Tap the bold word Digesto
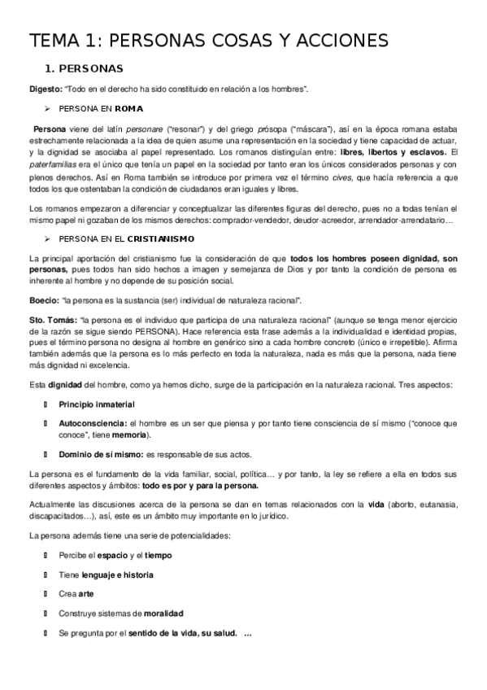[44, 88]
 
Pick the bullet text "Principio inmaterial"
[97, 404]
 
